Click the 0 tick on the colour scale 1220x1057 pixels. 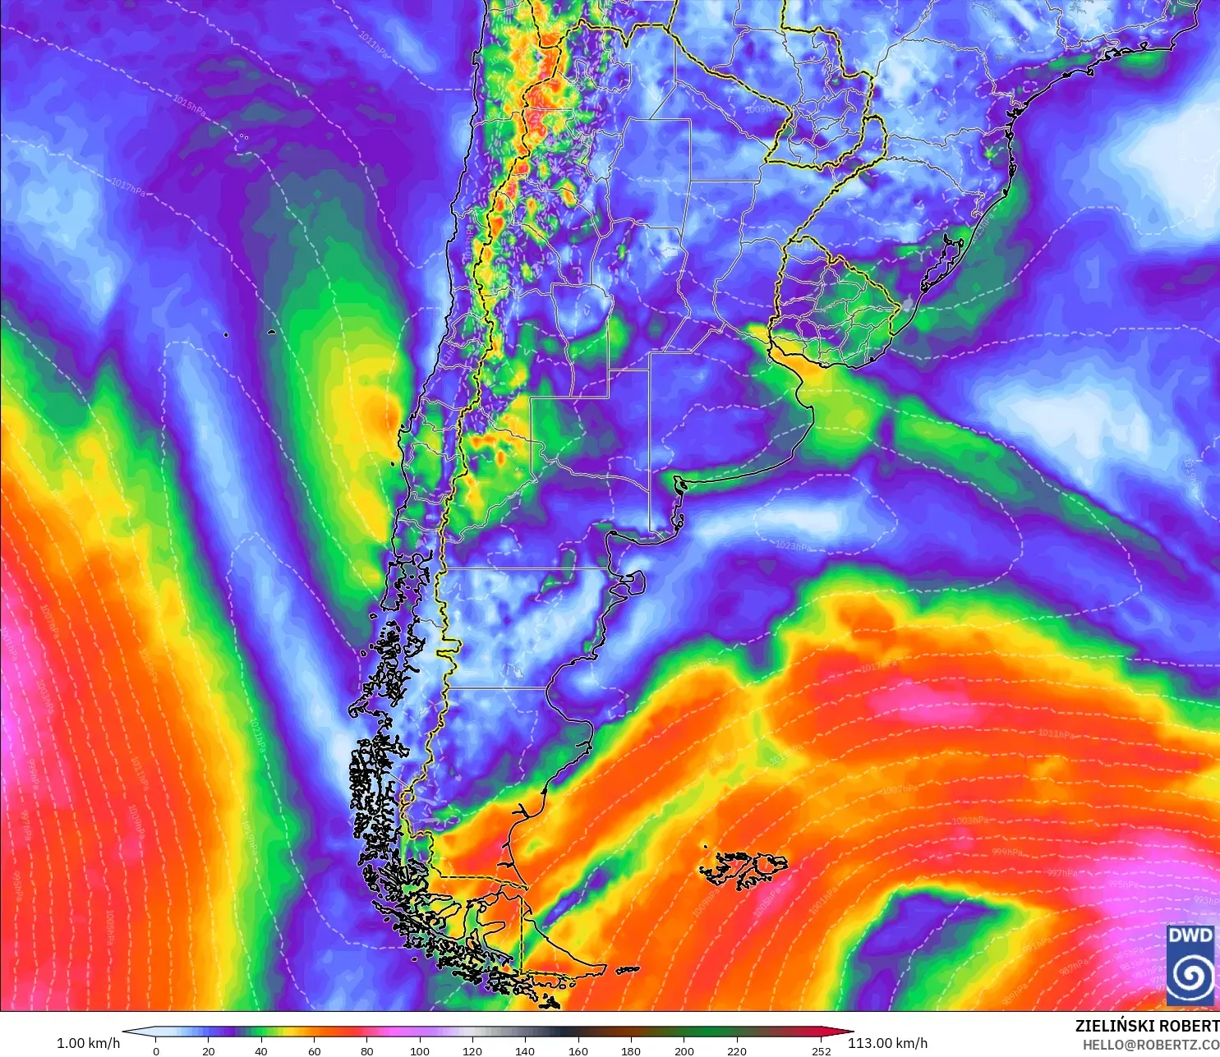point(156,1050)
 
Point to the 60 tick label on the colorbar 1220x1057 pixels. point(314,1050)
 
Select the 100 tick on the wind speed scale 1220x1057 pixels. point(420,1050)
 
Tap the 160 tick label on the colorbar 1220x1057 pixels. point(578,1050)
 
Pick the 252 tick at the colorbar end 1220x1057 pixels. point(822,1050)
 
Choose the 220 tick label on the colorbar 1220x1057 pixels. point(737,1050)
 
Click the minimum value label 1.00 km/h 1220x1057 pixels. point(88,1043)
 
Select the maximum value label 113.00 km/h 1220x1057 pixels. point(887,1043)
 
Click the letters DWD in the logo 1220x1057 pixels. point(1190,935)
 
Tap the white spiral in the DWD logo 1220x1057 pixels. point(1190,975)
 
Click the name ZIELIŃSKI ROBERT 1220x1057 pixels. point(1147,1026)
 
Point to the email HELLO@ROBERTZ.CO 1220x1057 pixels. point(1150,1045)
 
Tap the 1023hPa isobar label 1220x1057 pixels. point(793,545)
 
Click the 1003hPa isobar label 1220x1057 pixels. point(970,820)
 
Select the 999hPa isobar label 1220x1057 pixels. point(1007,852)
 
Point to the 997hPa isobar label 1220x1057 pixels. point(1062,873)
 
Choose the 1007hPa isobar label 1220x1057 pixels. point(900,789)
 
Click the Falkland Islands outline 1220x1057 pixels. point(744,869)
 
